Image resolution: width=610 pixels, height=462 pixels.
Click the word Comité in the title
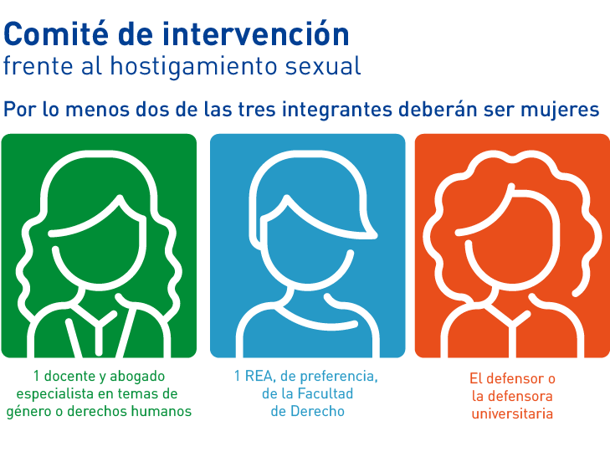click(56, 34)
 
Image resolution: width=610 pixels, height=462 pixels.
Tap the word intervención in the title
click(256, 34)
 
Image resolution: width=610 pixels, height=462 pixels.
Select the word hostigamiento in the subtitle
click(194, 66)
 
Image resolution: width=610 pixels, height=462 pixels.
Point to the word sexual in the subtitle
click(323, 66)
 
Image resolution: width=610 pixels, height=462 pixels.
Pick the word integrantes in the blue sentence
click(337, 110)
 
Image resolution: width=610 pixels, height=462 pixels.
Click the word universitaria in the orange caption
click(512, 413)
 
